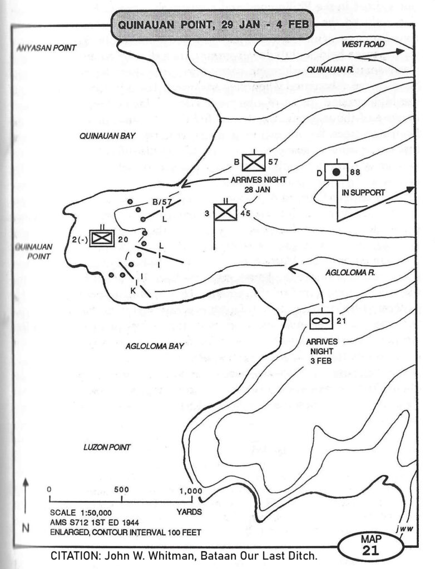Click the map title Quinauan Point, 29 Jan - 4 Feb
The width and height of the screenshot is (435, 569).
point(211,25)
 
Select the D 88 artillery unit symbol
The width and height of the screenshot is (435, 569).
point(336,172)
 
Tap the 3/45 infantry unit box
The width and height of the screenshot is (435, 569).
point(225,212)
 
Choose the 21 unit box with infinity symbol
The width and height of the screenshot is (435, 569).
point(322,320)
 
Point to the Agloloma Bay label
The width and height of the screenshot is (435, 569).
point(155,346)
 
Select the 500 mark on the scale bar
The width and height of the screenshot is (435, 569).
point(121,490)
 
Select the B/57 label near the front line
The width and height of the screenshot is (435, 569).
point(152,202)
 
